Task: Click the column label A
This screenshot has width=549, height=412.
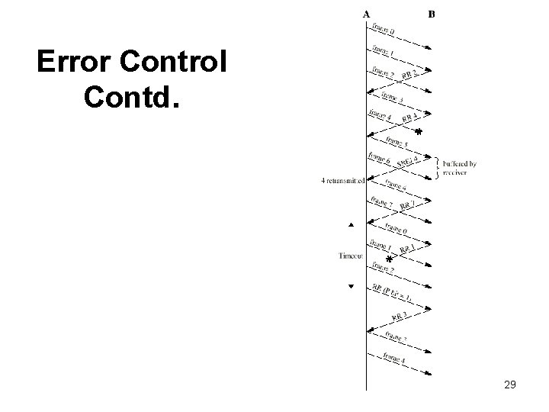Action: (367, 13)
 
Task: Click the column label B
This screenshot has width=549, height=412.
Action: (432, 13)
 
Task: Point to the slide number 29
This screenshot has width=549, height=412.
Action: (510, 385)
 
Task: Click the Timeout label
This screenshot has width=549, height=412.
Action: (352, 256)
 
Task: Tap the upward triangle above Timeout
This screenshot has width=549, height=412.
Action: (351, 225)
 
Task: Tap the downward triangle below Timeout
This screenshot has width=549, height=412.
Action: (351, 287)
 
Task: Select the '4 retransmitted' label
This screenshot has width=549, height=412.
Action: (343, 181)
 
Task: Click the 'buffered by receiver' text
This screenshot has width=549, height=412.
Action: (461, 168)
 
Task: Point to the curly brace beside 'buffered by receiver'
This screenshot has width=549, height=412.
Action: (437, 167)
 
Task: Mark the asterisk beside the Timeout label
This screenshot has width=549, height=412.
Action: (389, 261)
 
